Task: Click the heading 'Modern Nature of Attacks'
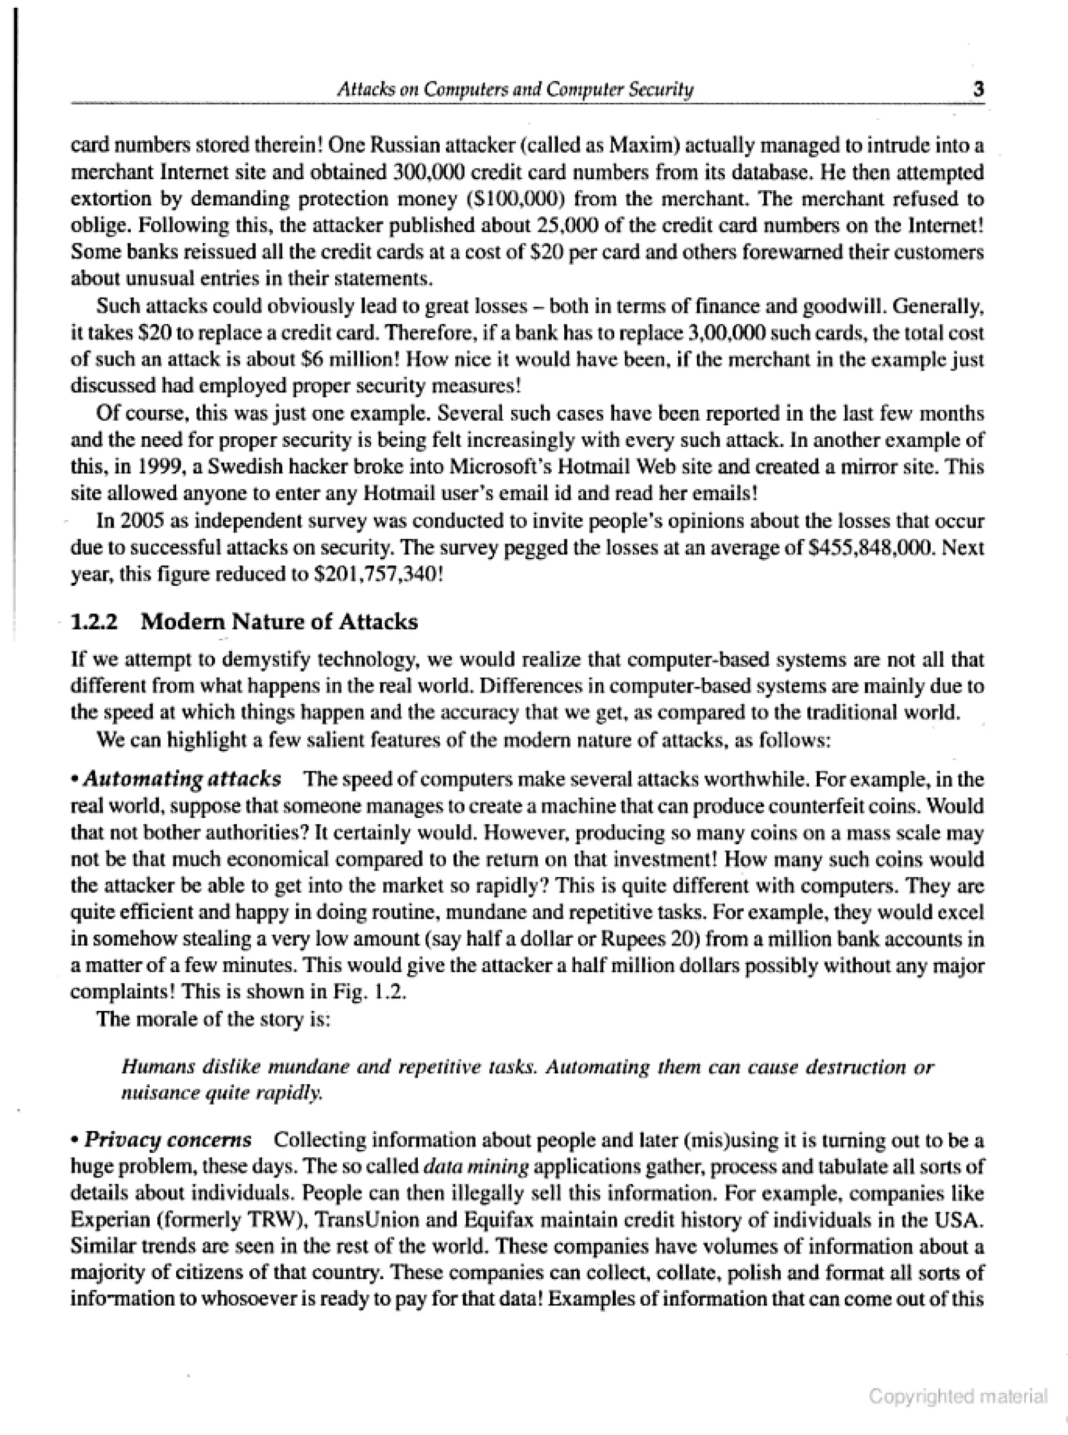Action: click(280, 621)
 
